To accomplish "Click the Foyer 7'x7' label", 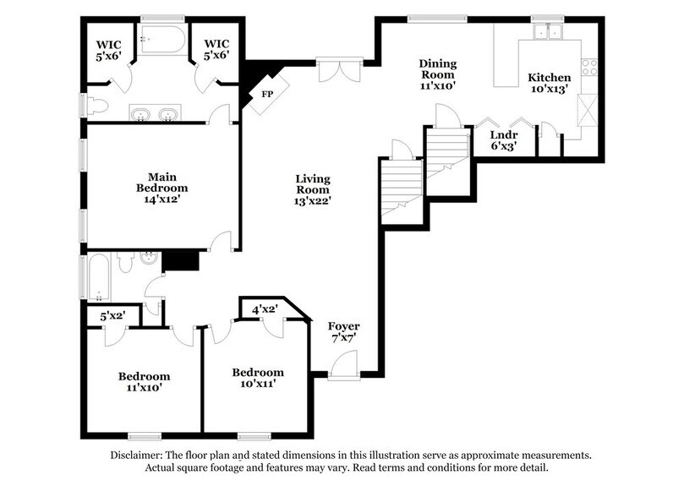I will (x=344, y=332).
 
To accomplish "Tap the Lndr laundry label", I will (x=504, y=139).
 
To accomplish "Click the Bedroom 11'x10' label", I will (x=144, y=382).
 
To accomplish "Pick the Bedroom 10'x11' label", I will (x=258, y=378).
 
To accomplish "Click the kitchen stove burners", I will (x=588, y=66).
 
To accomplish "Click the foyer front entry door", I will (x=343, y=368).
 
